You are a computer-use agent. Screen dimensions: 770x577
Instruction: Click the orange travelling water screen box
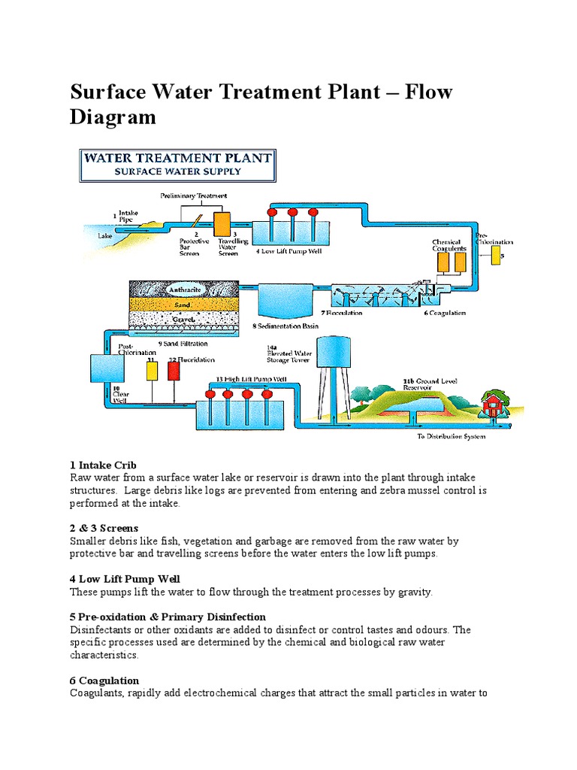coord(223,224)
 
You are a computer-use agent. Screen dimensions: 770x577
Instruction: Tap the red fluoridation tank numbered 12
coord(174,371)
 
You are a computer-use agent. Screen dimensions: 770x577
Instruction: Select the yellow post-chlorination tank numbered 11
coord(151,371)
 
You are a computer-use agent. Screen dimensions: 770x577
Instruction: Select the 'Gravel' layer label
coord(183,319)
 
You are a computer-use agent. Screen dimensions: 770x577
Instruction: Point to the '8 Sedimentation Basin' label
coord(285,326)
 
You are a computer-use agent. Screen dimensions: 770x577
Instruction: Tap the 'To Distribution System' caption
coord(451,436)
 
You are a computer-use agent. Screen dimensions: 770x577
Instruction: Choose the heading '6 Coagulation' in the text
coord(104,681)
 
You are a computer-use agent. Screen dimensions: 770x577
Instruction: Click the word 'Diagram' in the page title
coord(113,117)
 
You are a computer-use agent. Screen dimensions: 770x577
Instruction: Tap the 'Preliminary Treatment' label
coord(194,196)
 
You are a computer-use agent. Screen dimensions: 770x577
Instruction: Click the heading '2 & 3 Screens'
coord(104,529)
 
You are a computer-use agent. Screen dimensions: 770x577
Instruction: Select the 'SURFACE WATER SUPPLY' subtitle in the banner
coord(177,171)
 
